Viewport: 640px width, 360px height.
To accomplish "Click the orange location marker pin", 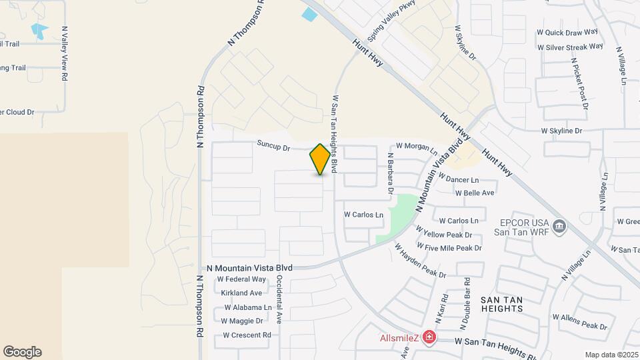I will point(320,159).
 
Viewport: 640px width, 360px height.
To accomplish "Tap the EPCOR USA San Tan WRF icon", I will point(559,227).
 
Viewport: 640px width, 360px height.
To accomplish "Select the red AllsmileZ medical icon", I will point(429,337).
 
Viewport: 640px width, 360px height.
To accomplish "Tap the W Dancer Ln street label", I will point(458,180).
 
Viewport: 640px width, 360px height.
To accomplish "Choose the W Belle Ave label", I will point(474,193).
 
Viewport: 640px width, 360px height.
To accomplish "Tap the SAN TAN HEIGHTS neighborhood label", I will point(501,304).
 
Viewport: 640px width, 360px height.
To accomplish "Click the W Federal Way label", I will point(241,279).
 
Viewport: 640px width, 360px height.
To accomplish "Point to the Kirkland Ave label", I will point(241,293).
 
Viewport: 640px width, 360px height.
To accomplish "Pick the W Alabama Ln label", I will point(248,307).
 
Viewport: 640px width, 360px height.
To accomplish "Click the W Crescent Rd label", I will point(247,335).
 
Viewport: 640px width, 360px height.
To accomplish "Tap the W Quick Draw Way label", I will point(567,32).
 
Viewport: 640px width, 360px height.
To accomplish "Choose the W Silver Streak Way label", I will point(570,47).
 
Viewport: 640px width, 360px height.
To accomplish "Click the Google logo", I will point(22,352).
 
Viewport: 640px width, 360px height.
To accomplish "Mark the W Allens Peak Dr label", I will point(579,323).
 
